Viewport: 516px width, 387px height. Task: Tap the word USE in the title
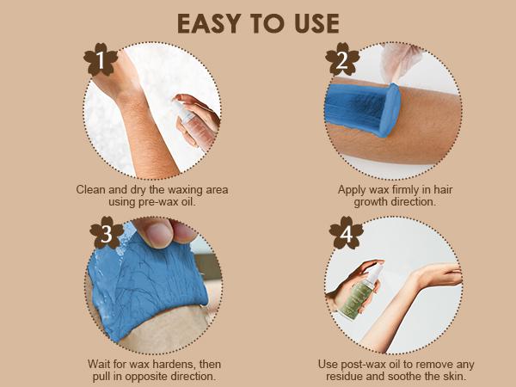click(316, 24)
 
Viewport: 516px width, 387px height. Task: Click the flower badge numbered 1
click(101, 60)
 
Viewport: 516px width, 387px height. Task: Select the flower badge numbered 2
click(342, 60)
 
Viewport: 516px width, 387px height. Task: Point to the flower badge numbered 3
click(107, 233)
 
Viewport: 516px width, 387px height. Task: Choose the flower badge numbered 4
click(347, 233)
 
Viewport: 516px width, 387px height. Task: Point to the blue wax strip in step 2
click(362, 108)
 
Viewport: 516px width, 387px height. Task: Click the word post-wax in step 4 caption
click(365, 364)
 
